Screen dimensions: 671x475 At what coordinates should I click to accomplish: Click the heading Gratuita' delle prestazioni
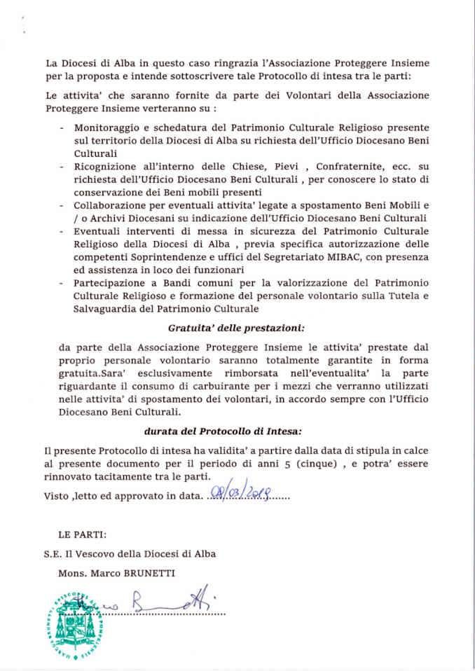236,327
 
